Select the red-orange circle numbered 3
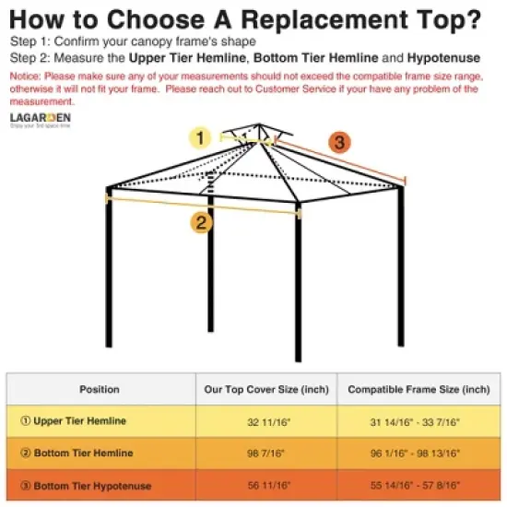339,143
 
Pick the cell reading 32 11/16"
266,421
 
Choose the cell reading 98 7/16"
266,454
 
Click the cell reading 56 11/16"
266,486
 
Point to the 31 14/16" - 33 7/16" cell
418,421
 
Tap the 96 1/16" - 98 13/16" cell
418,454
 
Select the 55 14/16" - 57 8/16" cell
418,486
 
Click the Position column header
100,390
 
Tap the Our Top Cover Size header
266,390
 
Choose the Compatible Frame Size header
418,390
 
